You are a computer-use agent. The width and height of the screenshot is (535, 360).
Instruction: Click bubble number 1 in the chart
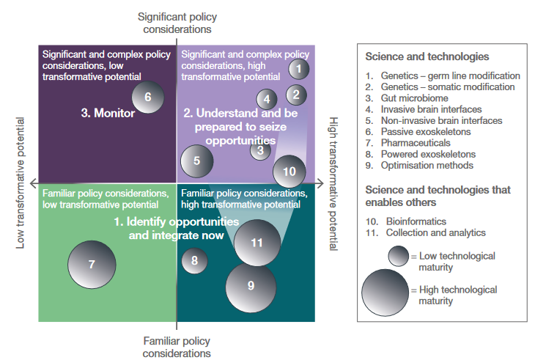tap(298, 69)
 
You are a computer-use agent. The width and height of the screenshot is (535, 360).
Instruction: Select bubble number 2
tap(295, 94)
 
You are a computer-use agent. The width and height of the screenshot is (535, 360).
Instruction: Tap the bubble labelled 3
tap(260, 150)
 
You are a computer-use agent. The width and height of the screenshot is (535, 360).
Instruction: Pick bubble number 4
tap(267, 100)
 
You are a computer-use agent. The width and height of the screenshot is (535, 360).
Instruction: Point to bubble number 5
tap(196, 162)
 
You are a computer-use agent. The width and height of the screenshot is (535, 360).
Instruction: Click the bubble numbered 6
tap(147, 97)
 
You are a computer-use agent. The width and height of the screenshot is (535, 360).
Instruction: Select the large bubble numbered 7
tap(92, 264)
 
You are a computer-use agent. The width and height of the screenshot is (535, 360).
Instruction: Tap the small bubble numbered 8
tap(194, 260)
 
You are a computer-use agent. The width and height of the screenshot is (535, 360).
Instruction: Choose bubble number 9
tap(251, 286)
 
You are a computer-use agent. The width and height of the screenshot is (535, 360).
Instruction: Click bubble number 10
tap(289, 172)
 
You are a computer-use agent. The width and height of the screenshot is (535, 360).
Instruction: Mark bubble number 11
tap(257, 243)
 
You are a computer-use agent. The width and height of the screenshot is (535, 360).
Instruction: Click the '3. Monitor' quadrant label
tap(108, 114)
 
